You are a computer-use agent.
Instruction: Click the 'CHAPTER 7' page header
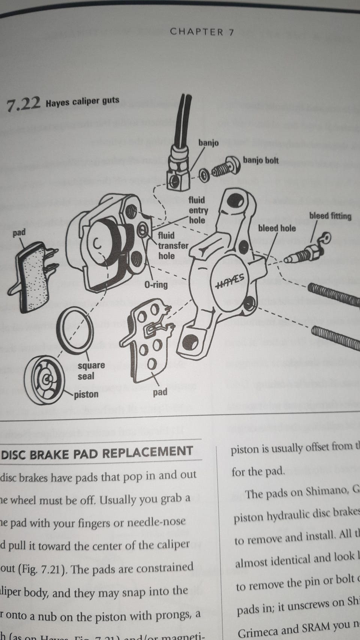click(x=202, y=32)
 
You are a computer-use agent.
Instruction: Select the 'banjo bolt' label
click(x=261, y=160)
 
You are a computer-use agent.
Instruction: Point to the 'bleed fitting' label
click(x=330, y=216)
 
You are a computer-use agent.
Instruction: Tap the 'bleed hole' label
click(x=277, y=228)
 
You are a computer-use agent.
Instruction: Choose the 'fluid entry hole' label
click(x=198, y=210)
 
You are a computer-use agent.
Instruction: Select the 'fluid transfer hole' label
click(x=172, y=246)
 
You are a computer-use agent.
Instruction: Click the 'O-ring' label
click(x=156, y=285)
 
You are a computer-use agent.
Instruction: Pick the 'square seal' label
click(x=91, y=370)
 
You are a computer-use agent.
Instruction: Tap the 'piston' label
click(x=86, y=394)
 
